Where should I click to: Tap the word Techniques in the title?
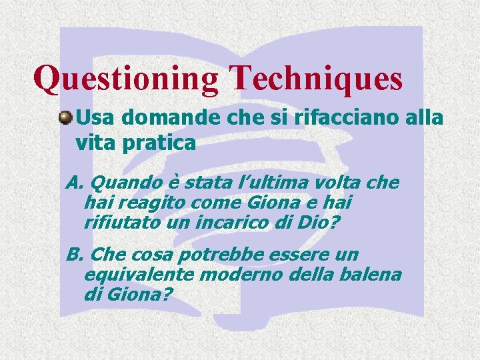pyautogui.click(x=316, y=79)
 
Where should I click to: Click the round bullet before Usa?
pyautogui.click(x=65, y=117)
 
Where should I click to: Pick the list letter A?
pyautogui.click(x=73, y=183)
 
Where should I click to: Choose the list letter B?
pyautogui.click(x=73, y=255)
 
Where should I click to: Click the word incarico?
pyautogui.click(x=234, y=221)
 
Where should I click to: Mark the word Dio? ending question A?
pyautogui.click(x=312, y=221)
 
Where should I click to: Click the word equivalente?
pyautogui.click(x=139, y=274)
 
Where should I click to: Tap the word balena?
pyautogui.click(x=373, y=274)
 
